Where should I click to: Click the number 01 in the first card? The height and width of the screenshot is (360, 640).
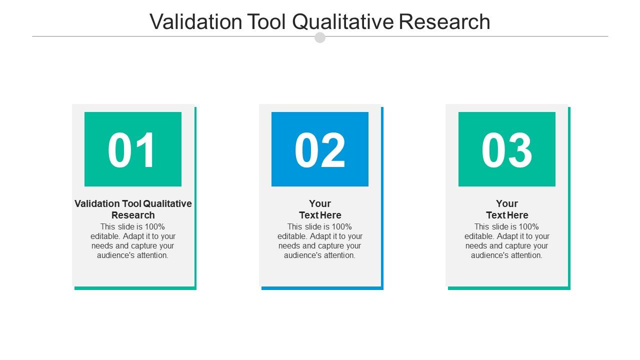coord(132,150)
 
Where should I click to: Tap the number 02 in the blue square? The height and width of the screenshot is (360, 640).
coord(320,150)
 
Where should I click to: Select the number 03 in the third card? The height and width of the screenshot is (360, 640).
coord(506,150)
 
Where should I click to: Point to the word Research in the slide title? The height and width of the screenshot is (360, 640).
coord(444,22)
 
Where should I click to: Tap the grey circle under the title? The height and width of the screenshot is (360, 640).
coord(320,37)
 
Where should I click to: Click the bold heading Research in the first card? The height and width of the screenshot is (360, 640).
coord(133,215)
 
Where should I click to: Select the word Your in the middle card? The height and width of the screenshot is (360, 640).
coord(320,203)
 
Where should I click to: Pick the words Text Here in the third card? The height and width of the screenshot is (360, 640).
coord(507,215)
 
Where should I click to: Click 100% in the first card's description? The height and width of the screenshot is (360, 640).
coord(154,226)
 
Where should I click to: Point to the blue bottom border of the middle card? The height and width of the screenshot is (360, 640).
coord(321,288)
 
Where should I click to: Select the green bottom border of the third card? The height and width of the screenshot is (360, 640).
coord(508,288)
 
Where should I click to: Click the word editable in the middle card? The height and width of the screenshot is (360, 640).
coord(292,236)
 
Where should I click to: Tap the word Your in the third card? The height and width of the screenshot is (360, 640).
coord(507,203)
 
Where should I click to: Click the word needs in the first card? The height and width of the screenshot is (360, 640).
coord(102,246)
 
